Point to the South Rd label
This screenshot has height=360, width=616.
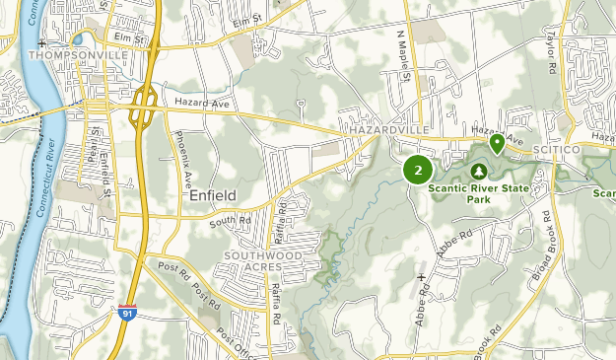click(x=225, y=223)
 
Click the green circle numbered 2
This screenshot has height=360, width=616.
click(x=418, y=171)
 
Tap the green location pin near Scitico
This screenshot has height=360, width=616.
click(x=498, y=144)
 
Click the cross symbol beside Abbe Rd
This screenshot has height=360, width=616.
click(x=421, y=277)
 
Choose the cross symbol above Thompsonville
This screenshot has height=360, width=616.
click(x=41, y=44)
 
